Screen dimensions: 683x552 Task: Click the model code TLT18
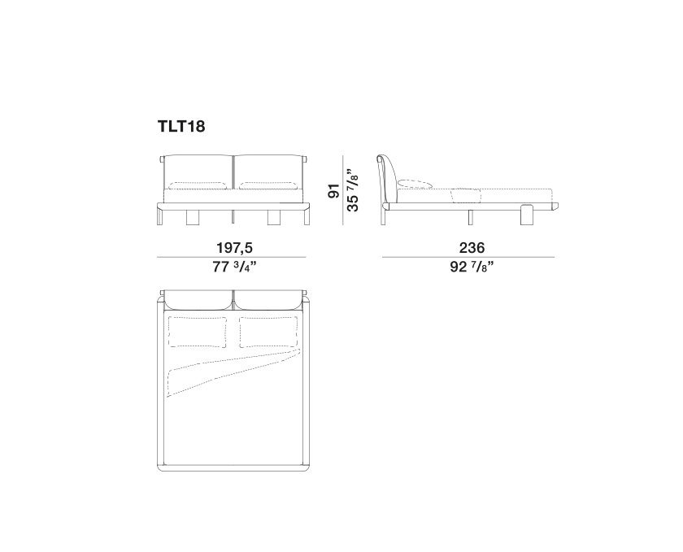[x=181, y=126]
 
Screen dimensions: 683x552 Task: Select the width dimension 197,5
[x=235, y=248]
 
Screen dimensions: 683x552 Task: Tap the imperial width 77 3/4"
[x=234, y=266]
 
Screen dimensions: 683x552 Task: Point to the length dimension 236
[x=472, y=248]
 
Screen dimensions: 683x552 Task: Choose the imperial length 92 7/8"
[x=472, y=266]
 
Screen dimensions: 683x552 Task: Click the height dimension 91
[x=333, y=191]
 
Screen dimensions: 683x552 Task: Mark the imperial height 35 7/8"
[x=352, y=190]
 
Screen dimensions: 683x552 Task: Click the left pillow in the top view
[x=198, y=332]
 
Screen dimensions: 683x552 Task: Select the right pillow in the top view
[x=269, y=332]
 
